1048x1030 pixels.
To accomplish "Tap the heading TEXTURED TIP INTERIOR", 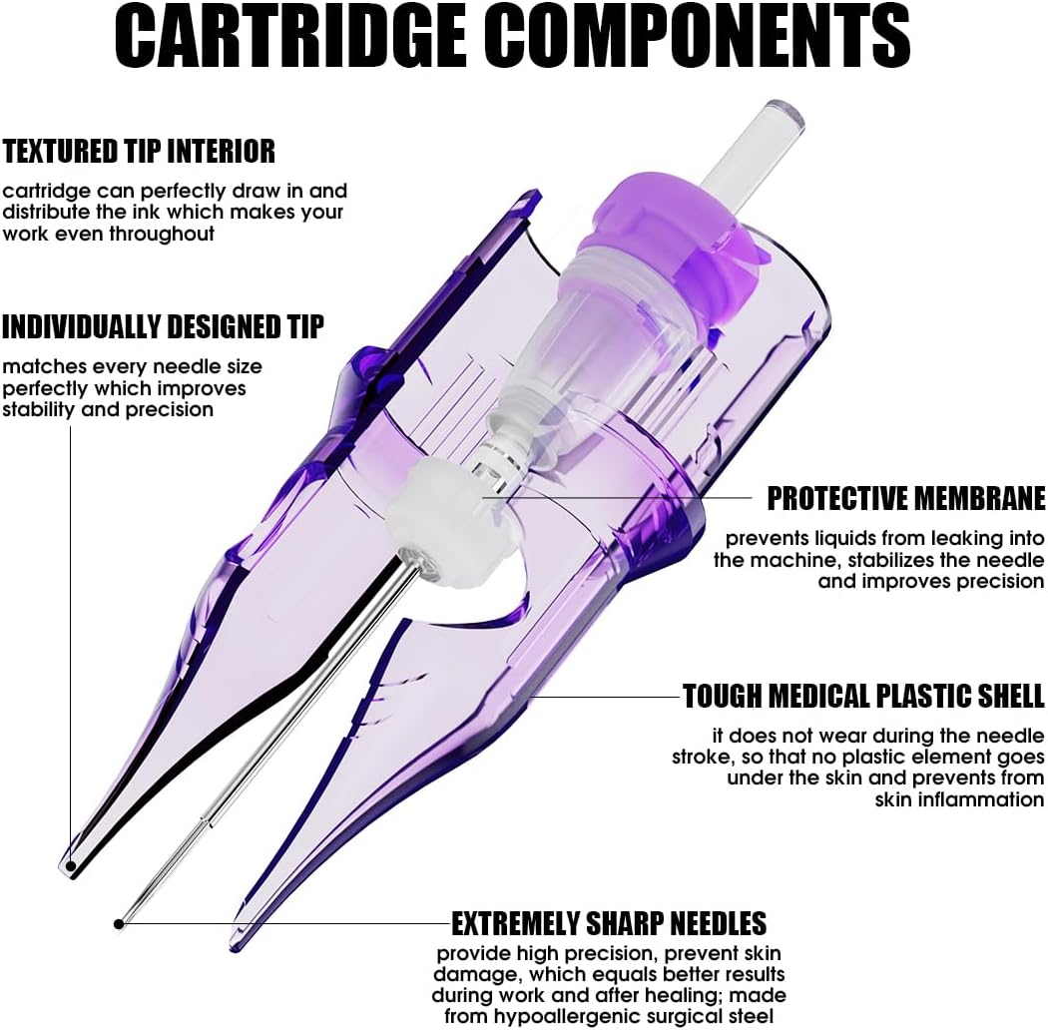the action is [139, 152].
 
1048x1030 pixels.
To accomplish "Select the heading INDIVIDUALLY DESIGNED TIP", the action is [163, 326].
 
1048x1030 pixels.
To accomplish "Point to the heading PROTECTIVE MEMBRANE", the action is [905, 499].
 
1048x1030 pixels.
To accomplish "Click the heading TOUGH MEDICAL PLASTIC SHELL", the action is [863, 697].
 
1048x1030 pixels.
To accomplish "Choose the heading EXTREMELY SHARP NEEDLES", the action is [609, 924].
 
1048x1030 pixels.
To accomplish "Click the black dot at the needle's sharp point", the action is [119, 924].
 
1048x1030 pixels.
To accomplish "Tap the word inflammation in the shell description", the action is [959, 799].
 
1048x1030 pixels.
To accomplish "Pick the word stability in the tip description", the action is [39, 410].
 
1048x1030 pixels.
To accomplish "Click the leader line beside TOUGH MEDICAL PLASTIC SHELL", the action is [605, 697].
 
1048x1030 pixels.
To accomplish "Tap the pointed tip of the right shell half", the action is [234, 947].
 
